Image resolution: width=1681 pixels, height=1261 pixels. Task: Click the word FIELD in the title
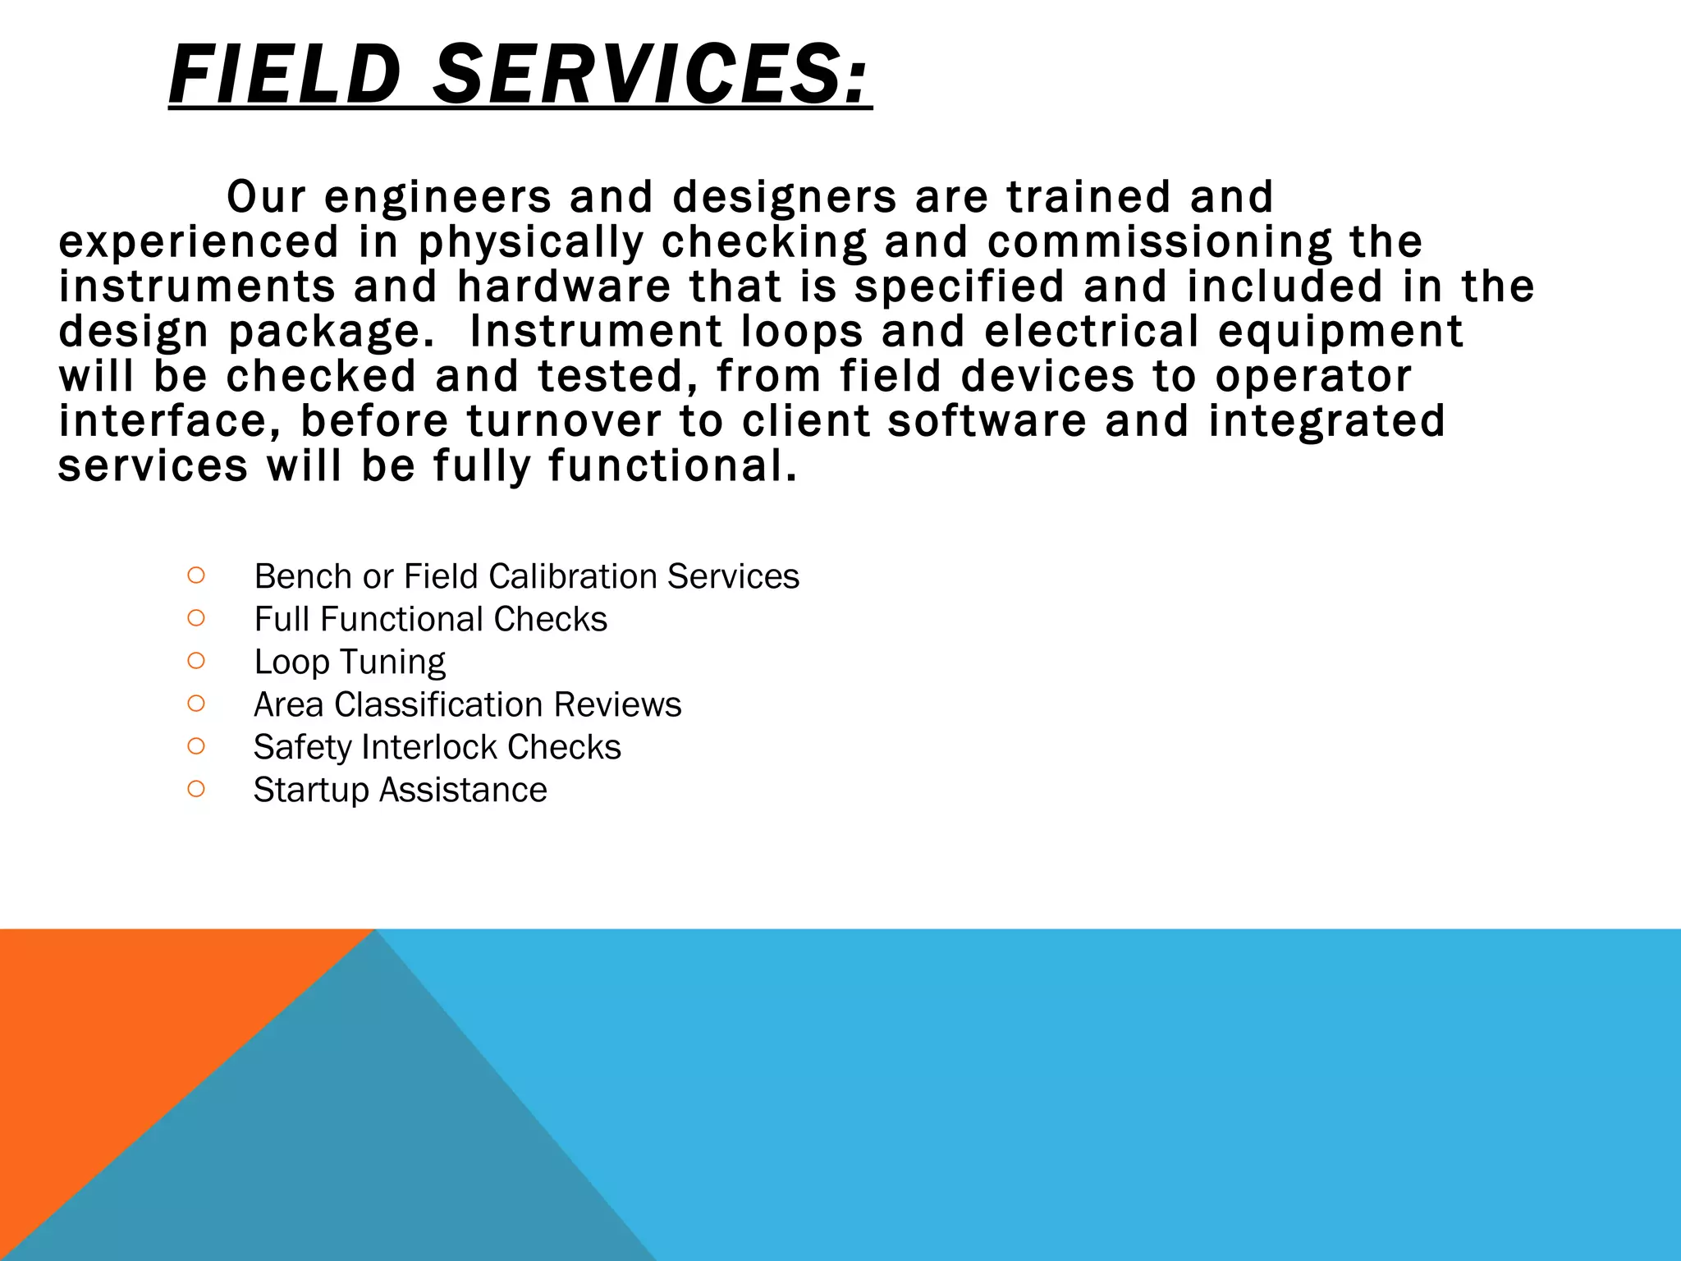tap(284, 75)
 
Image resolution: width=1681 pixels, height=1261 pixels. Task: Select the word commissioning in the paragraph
tap(1159, 242)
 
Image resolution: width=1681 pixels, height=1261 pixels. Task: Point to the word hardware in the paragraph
tap(564, 287)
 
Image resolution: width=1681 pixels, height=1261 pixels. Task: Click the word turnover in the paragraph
tap(564, 420)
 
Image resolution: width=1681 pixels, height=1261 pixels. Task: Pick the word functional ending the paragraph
tap(672, 465)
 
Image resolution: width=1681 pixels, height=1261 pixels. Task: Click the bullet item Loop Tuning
tap(350, 662)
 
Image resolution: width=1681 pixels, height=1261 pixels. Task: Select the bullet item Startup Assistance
tap(400, 790)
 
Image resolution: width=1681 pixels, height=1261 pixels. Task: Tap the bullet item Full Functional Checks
tap(430, 619)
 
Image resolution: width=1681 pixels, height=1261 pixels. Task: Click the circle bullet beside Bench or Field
tap(195, 575)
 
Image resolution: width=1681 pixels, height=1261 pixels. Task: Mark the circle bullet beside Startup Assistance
tap(195, 789)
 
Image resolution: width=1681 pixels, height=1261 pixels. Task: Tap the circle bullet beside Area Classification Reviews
tap(195, 704)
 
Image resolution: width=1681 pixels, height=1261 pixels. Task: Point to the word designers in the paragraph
tap(785, 198)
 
